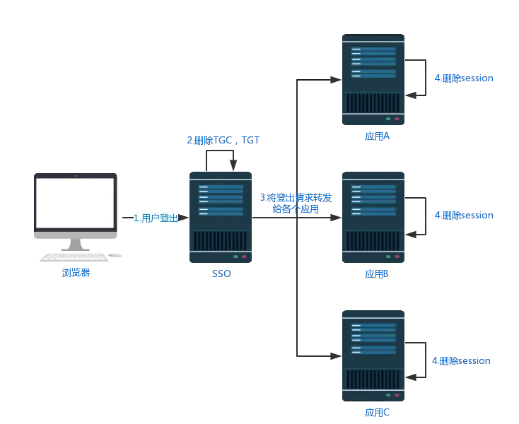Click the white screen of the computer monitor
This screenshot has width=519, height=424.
tap(75, 203)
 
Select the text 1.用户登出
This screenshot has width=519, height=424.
tap(155, 218)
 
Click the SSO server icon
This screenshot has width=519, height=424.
tap(221, 218)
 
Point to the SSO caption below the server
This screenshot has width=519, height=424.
tap(221, 273)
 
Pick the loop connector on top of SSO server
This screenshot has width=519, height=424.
tap(220, 160)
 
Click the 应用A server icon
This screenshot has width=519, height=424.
tap(373, 81)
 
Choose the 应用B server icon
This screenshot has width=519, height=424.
tap(373, 217)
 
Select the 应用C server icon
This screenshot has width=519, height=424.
tap(373, 353)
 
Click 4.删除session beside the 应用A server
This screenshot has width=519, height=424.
tap(463, 78)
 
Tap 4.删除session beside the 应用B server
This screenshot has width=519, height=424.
tap(463, 215)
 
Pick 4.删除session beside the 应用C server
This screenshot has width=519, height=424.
tap(461, 361)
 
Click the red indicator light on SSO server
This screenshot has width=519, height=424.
tap(243, 256)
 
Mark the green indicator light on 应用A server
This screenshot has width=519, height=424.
tap(388, 119)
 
